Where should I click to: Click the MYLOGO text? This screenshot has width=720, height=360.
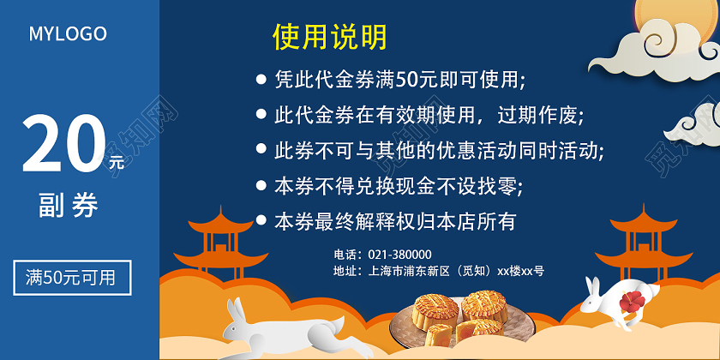click(x=68, y=34)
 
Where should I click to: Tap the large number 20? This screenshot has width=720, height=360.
click(x=62, y=144)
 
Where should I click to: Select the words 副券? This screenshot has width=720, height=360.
click(x=69, y=206)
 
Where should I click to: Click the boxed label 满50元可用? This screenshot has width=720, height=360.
click(x=72, y=278)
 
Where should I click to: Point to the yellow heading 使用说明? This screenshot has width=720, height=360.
click(x=330, y=37)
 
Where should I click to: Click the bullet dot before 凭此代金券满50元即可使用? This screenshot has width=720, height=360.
click(x=261, y=79)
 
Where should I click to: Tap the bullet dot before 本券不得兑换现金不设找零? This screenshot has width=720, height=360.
click(x=261, y=184)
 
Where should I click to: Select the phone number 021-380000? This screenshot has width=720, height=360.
click(x=399, y=255)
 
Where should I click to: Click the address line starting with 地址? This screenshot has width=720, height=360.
click(x=438, y=271)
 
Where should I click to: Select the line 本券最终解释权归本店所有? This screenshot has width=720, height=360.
click(x=395, y=221)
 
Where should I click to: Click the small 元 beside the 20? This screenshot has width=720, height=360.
click(x=116, y=160)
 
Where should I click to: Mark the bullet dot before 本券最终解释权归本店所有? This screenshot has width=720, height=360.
click(x=261, y=220)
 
